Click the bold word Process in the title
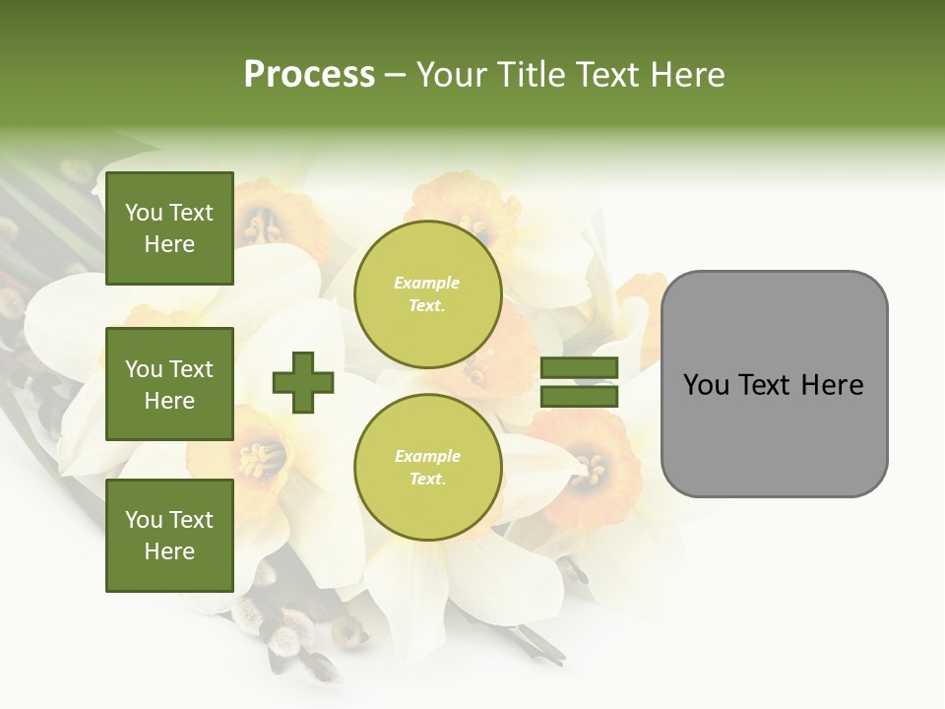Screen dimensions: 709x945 (x=309, y=75)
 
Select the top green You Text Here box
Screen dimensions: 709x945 (x=169, y=228)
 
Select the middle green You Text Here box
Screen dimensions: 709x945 (x=169, y=384)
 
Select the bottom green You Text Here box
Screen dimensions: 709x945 (x=169, y=535)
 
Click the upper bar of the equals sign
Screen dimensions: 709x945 (x=579, y=368)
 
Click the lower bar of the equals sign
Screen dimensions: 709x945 (x=579, y=396)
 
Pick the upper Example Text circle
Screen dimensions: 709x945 (x=427, y=293)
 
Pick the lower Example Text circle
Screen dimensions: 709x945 (x=427, y=467)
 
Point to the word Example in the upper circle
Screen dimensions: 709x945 (x=427, y=283)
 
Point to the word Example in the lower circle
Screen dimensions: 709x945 (x=427, y=456)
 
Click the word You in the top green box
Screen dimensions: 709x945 (x=144, y=213)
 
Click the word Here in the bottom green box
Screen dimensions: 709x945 (x=169, y=551)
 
